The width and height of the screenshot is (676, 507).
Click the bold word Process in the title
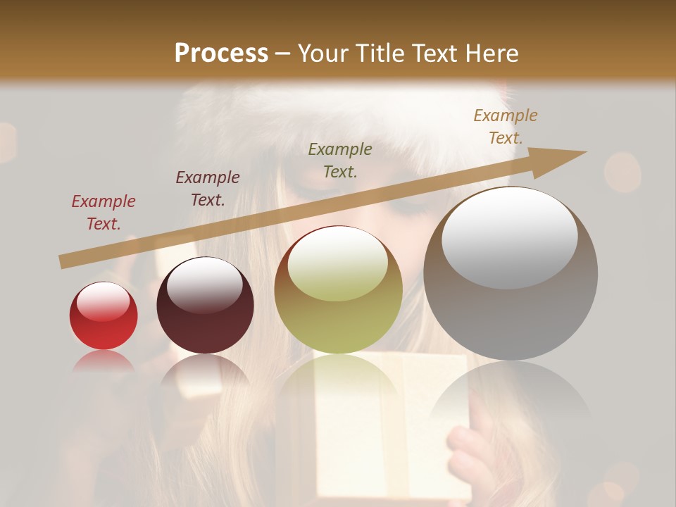pyautogui.click(x=221, y=53)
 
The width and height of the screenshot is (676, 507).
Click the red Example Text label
pyautogui.click(x=104, y=213)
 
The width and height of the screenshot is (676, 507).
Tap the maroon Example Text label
pyautogui.click(x=208, y=189)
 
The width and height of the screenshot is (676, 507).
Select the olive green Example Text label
pyautogui.click(x=340, y=160)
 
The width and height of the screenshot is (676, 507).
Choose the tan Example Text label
pyautogui.click(x=506, y=127)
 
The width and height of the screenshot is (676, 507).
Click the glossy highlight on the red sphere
pyautogui.click(x=103, y=301)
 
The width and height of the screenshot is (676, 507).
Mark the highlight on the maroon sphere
pyautogui.click(x=204, y=284)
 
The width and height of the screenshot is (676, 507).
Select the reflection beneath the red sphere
pyautogui.click(x=104, y=362)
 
